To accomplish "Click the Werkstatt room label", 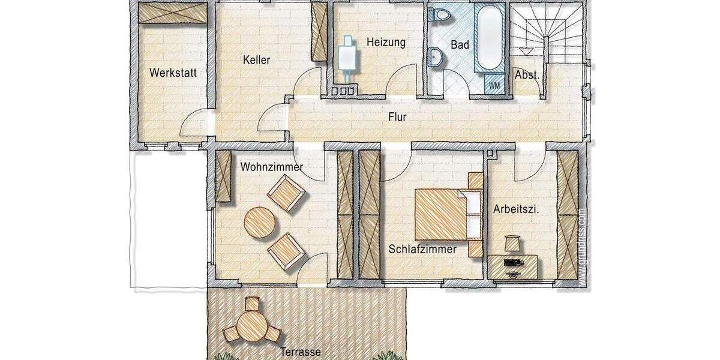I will point(173,73).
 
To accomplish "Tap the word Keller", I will point(257,60).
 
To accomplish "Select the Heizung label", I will point(386,43).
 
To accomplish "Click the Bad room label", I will point(461,45).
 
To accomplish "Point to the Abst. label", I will point(527,76).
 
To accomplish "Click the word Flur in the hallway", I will point(397,117).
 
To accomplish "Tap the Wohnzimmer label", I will point(271,167).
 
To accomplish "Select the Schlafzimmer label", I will point(422,248).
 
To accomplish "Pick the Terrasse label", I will point(300,352).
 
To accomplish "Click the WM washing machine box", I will point(494,85).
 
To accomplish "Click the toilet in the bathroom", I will point(441,14).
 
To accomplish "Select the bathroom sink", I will point(436,57).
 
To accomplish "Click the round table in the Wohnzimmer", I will point(260,223).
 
